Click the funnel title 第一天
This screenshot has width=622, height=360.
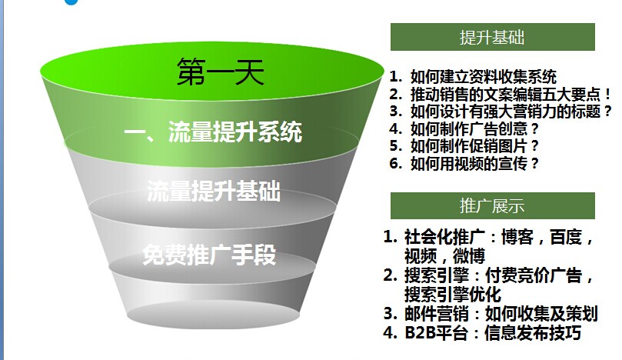point(221,72)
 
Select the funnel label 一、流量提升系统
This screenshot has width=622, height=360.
point(213,132)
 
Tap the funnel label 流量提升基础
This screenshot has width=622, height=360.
point(214,191)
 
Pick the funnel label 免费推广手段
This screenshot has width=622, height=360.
point(209,254)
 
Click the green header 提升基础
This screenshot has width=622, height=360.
point(492,38)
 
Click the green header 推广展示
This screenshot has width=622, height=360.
point(492,206)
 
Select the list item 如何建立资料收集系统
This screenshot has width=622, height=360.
point(484,77)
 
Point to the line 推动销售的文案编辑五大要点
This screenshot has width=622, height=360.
point(505,94)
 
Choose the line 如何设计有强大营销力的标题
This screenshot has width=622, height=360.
point(505,111)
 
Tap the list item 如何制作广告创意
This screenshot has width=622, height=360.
point(469,128)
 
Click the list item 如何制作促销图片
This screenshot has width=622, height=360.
point(469,145)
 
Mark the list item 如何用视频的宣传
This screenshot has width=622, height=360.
point(469,163)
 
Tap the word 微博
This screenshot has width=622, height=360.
point(469,256)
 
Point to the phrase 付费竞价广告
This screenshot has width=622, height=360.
point(534,275)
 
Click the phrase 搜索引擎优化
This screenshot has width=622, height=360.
point(453,294)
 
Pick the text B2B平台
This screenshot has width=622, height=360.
point(436,332)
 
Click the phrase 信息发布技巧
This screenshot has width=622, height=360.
point(533,332)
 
